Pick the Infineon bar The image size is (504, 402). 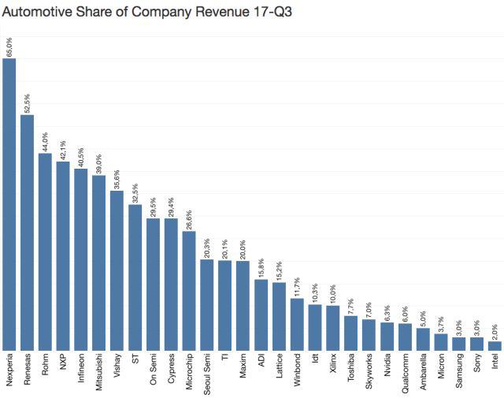(x=81, y=259)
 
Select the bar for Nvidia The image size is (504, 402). (x=387, y=336)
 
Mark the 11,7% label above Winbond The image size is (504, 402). (x=297, y=285)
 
